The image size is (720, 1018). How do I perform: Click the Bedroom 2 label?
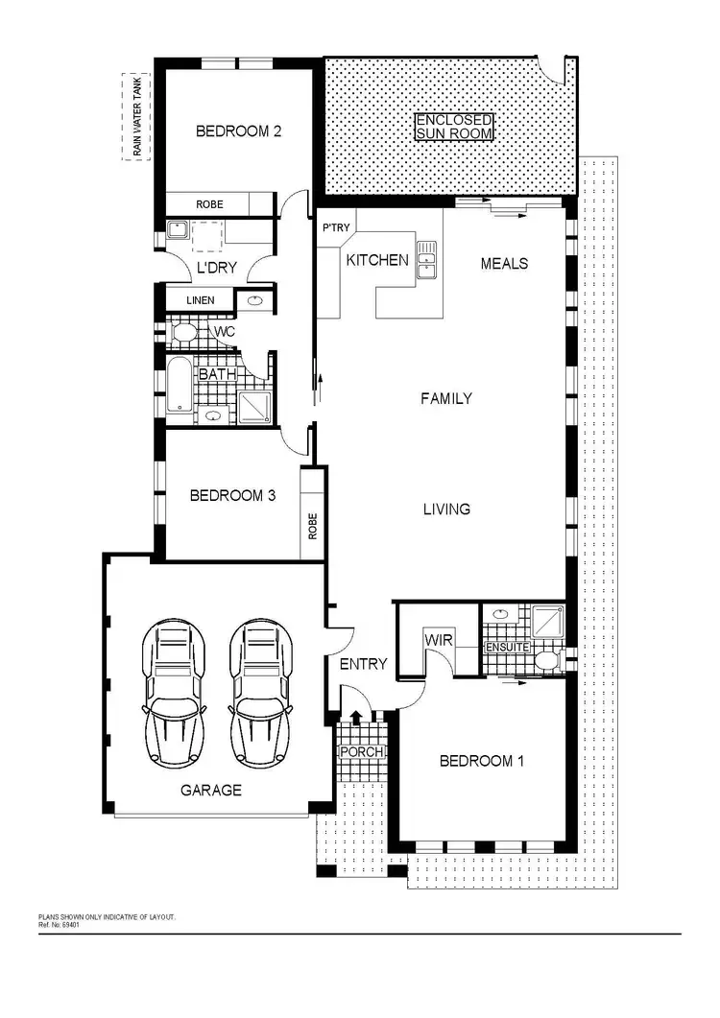[238, 131]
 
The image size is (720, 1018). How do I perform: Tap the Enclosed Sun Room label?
[454, 128]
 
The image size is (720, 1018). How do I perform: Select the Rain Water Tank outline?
[134, 117]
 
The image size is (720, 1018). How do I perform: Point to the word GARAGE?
[211, 791]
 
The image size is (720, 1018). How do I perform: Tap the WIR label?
[438, 640]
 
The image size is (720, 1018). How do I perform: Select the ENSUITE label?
[505, 648]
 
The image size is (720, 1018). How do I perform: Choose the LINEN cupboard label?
[200, 301]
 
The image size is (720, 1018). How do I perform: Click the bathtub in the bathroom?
[180, 386]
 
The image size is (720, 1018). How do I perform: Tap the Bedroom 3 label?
[232, 496]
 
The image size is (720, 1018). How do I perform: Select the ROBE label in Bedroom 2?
[209, 204]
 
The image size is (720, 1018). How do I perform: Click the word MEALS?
[504, 263]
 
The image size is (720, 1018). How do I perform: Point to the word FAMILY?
[446, 397]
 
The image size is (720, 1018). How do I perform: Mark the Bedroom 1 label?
[481, 761]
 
